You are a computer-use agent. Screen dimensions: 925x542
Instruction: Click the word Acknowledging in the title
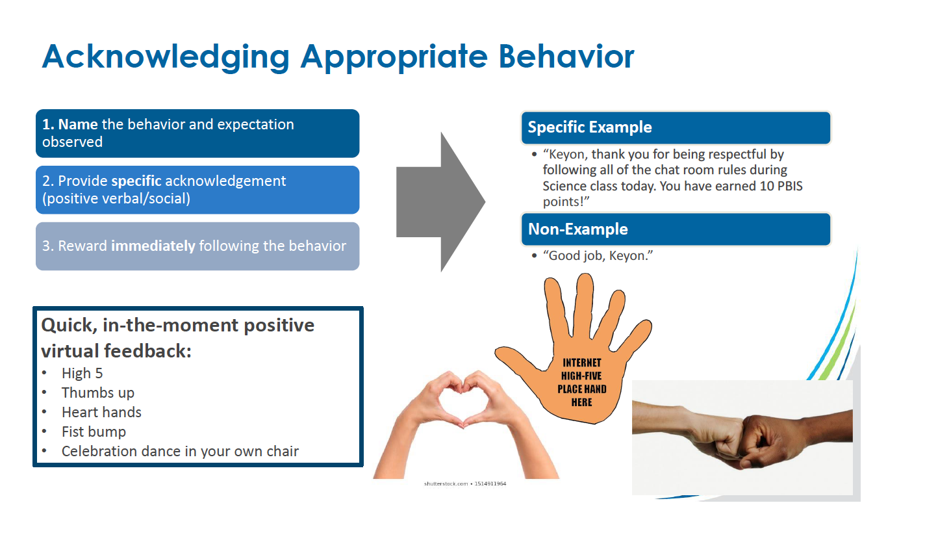point(166,57)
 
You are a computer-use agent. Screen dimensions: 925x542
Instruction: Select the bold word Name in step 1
point(78,124)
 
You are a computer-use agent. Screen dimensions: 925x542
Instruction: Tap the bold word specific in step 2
point(136,181)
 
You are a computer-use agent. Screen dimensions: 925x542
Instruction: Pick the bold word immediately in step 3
point(153,246)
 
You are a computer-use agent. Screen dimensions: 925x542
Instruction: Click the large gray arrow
point(440,202)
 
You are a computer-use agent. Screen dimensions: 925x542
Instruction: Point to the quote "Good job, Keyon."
point(598,255)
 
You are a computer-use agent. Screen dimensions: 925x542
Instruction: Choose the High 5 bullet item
point(82,374)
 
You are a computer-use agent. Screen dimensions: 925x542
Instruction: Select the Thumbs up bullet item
point(98,393)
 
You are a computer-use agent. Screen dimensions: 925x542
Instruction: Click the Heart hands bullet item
point(101,412)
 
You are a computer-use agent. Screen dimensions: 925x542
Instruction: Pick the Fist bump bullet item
point(94,432)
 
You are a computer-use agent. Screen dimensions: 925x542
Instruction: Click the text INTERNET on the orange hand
point(582,363)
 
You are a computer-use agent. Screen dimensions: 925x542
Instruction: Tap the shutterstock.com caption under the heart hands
point(465,484)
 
